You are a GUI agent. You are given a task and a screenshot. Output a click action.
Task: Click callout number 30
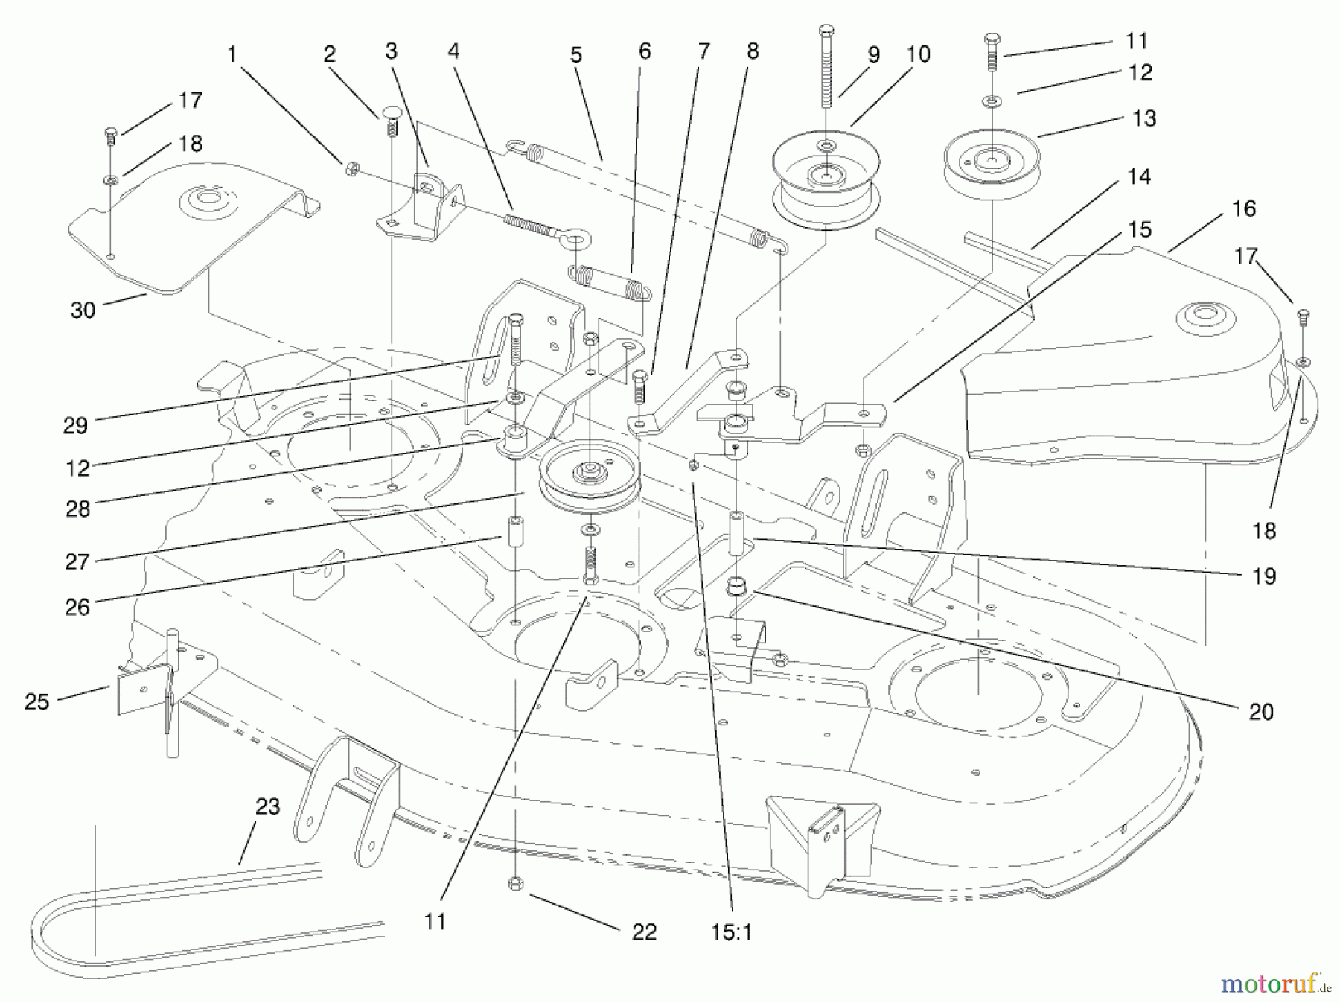(x=83, y=310)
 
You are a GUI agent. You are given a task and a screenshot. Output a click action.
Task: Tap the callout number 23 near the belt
(x=267, y=806)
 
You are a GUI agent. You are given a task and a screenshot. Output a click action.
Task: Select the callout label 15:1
(x=732, y=932)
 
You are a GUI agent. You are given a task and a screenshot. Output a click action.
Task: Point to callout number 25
(x=36, y=701)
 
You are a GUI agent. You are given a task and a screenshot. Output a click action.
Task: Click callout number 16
(x=1244, y=209)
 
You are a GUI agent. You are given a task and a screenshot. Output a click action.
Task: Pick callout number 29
(x=76, y=425)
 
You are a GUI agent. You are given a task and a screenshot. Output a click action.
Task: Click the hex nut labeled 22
(x=514, y=883)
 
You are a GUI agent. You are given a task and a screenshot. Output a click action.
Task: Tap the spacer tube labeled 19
(x=736, y=533)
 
